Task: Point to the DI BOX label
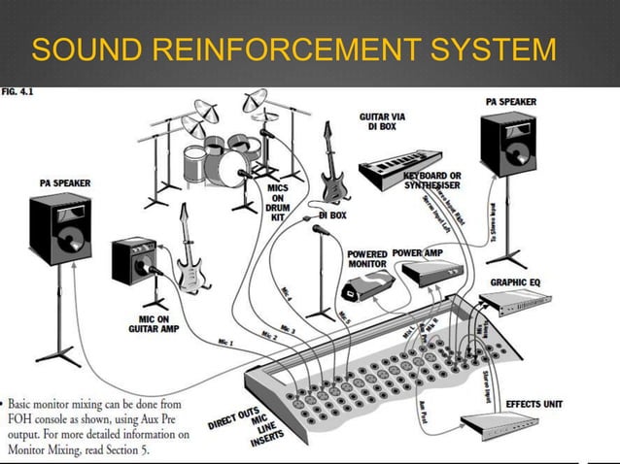pos(332,215)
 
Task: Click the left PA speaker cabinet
pos(60,228)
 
